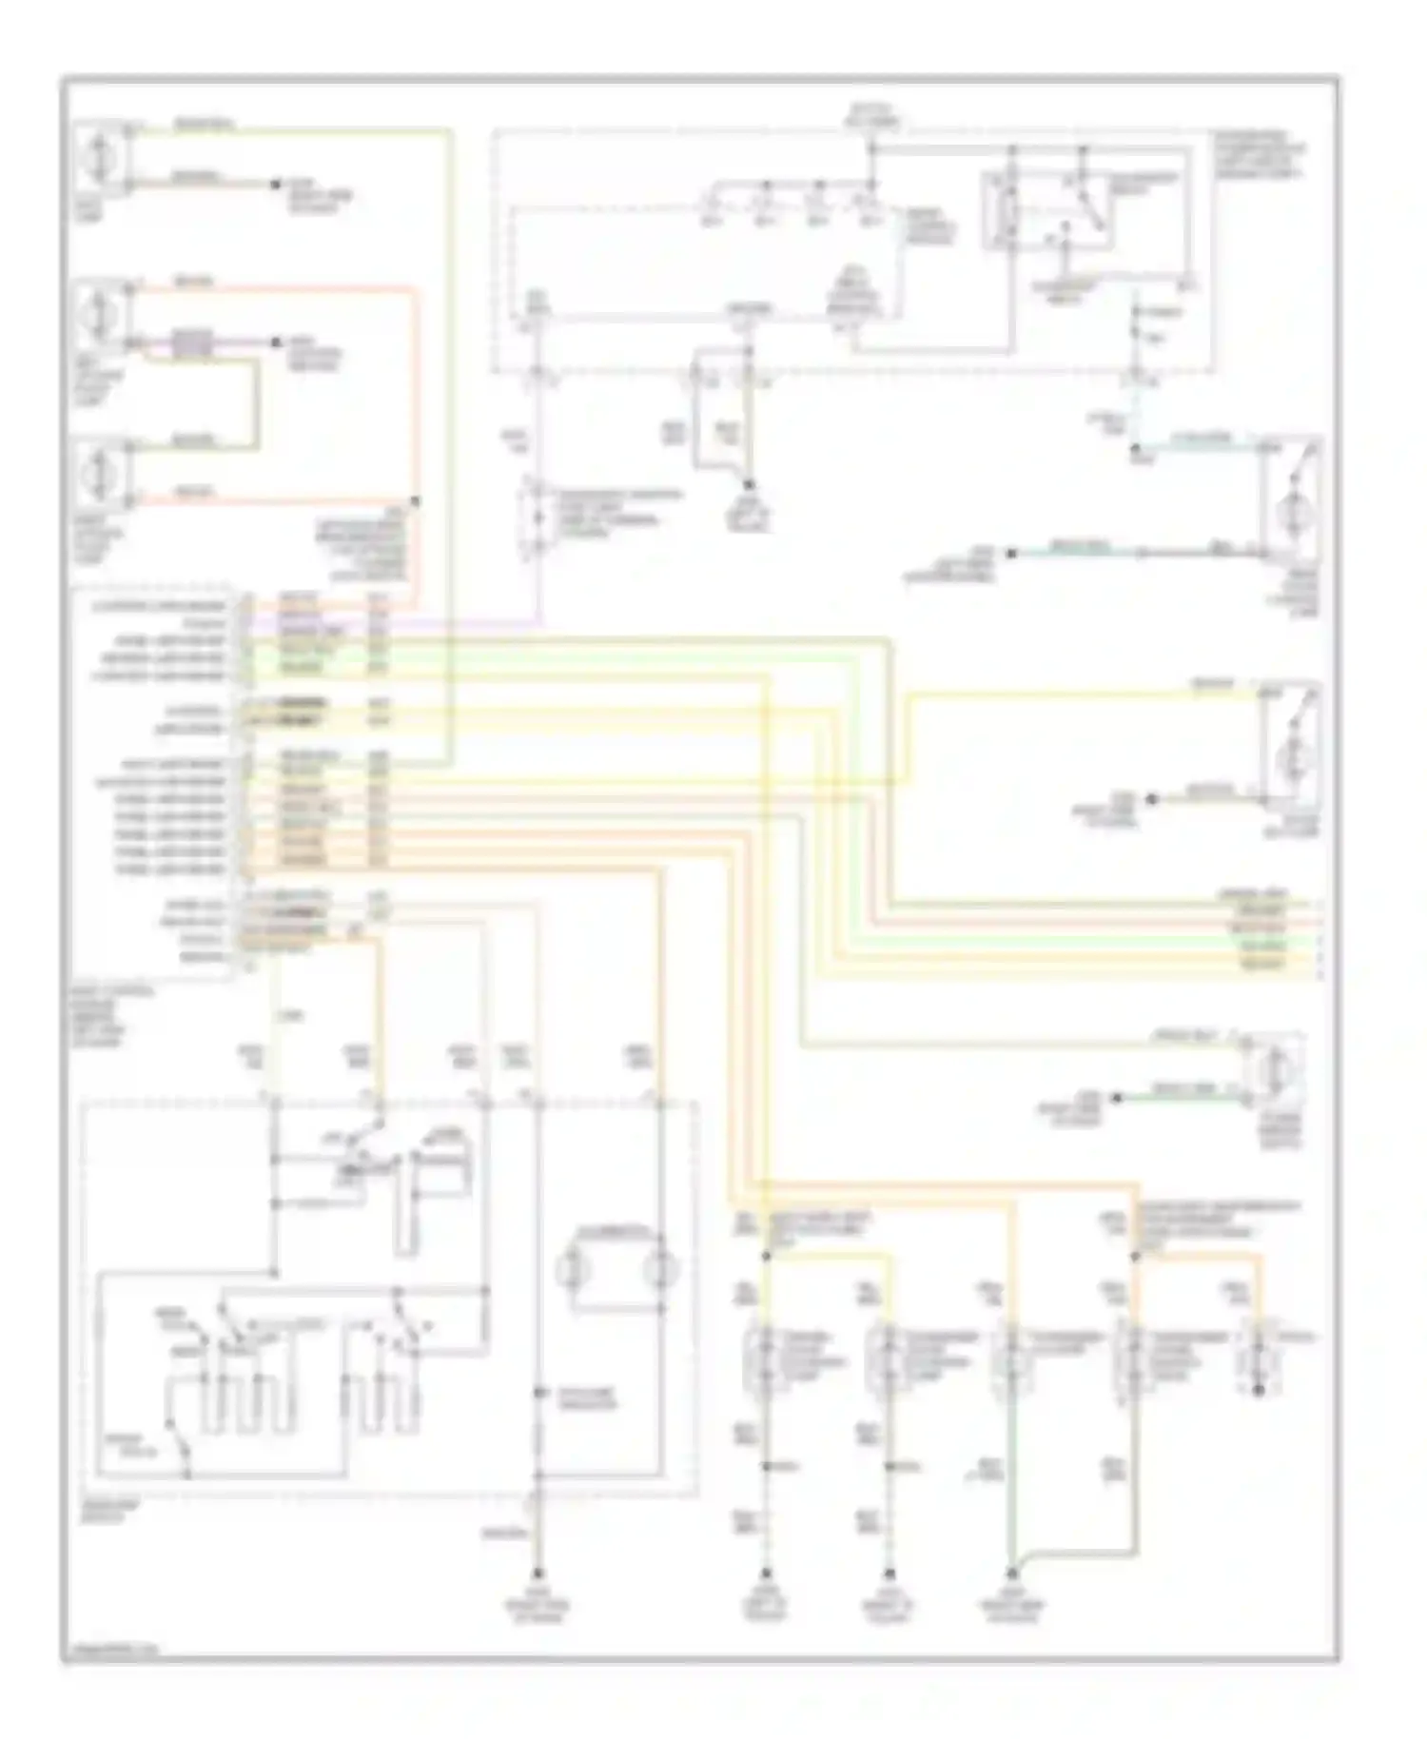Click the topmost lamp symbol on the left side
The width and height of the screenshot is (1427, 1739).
[101, 154]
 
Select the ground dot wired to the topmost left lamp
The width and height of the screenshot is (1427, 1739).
[277, 184]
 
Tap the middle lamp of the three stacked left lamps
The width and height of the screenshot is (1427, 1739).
[101, 311]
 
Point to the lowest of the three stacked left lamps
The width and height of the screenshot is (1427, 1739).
[101, 472]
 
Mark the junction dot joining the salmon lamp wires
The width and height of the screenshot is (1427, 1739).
[415, 500]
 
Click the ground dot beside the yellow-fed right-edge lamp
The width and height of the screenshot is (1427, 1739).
[1151, 798]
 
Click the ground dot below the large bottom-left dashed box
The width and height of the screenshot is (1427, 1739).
[538, 1573]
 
